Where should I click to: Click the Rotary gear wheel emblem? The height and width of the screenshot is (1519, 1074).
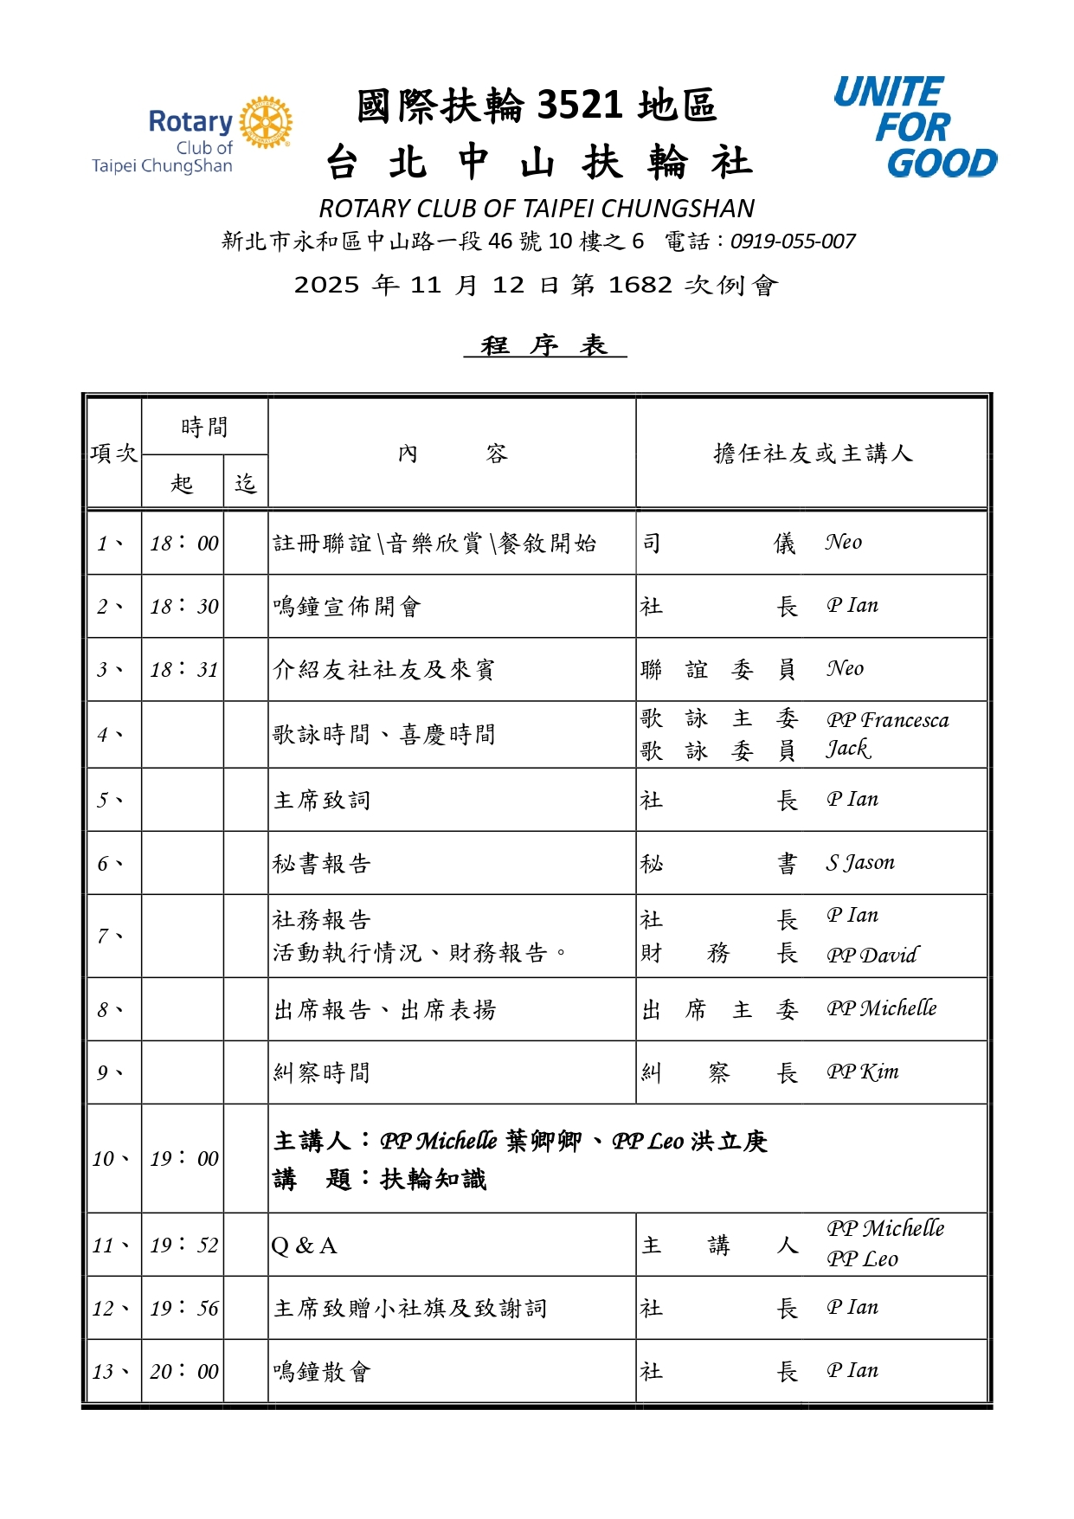[x=266, y=122]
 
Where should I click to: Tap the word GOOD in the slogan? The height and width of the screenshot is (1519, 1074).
[x=942, y=164]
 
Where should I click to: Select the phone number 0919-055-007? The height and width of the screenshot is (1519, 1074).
[x=793, y=241]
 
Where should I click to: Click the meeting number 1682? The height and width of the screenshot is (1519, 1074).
[x=640, y=285]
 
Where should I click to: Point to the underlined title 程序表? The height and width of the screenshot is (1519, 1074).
[x=544, y=345]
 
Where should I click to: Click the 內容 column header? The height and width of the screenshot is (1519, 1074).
[x=452, y=454]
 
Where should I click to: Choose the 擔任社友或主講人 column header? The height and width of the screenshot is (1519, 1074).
[x=812, y=454]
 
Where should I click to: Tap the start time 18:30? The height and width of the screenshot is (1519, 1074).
[x=183, y=606]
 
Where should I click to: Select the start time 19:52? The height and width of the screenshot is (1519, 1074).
[x=183, y=1245]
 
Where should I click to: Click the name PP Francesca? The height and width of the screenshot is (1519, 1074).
[x=887, y=720]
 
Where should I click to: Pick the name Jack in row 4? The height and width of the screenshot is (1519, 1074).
[x=847, y=749]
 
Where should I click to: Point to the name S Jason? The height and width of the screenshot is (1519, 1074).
[x=859, y=863]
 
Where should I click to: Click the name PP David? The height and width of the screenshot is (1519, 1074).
[x=871, y=955]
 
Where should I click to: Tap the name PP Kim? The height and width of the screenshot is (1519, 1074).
[x=862, y=1072]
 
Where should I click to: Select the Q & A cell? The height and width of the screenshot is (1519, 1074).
[x=304, y=1245]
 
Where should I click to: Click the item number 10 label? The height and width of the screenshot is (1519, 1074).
[x=110, y=1158]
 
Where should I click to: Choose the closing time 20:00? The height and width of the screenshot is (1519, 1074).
[x=183, y=1371]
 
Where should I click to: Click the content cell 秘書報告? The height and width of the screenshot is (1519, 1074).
[x=322, y=864]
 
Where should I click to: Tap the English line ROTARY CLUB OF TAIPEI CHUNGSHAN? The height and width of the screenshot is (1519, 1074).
[x=537, y=209]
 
